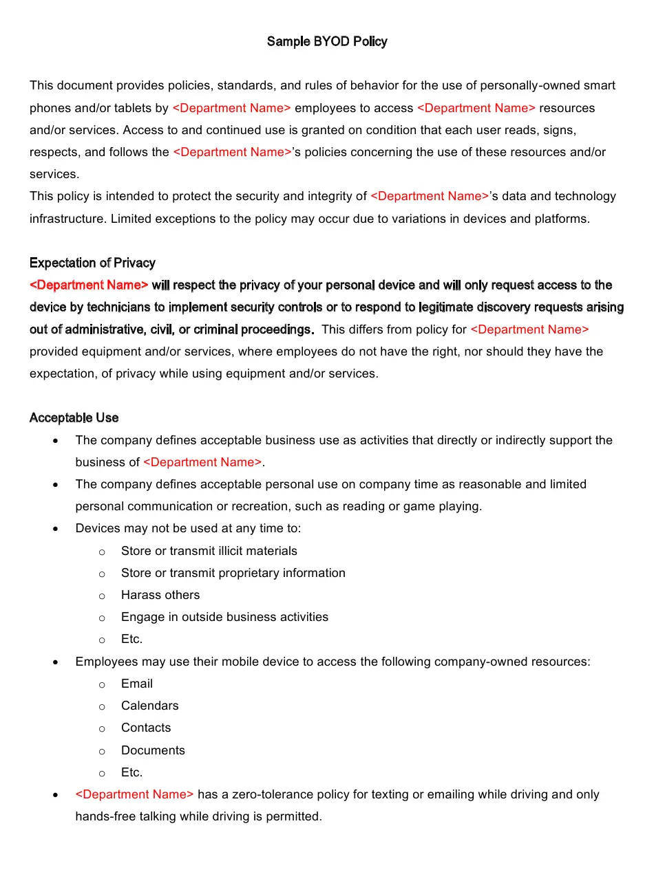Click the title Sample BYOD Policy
click(327, 41)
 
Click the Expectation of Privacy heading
click(92, 263)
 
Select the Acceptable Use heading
click(74, 417)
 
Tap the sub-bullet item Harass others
click(160, 595)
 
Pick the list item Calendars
click(149, 706)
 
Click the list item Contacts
click(146, 728)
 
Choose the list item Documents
click(153, 750)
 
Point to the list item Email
click(137, 684)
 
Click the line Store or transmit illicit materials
click(209, 551)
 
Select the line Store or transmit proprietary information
click(233, 573)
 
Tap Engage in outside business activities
click(224, 617)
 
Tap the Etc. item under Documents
click(131, 772)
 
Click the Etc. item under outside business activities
click(131, 639)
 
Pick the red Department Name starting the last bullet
click(134, 794)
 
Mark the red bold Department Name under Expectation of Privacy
click(89, 285)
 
